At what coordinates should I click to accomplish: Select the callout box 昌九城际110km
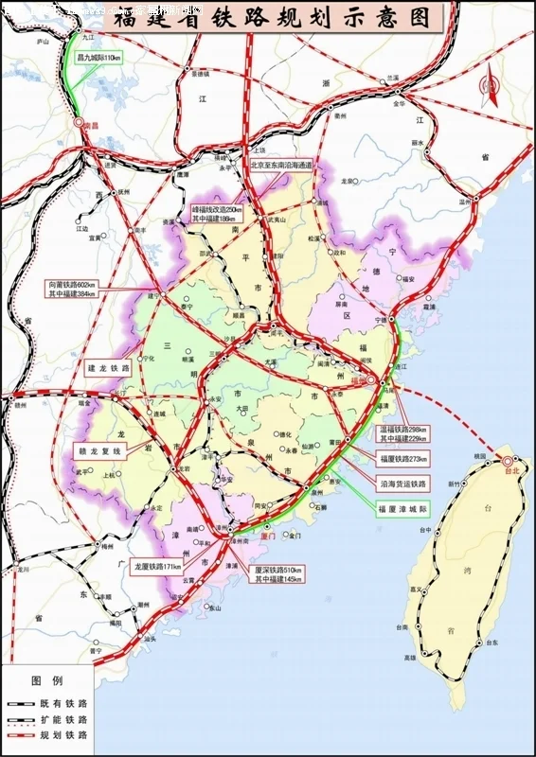coord(99,58)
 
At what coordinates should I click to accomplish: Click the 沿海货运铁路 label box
coord(402,483)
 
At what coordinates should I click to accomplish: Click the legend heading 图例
coord(46,680)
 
